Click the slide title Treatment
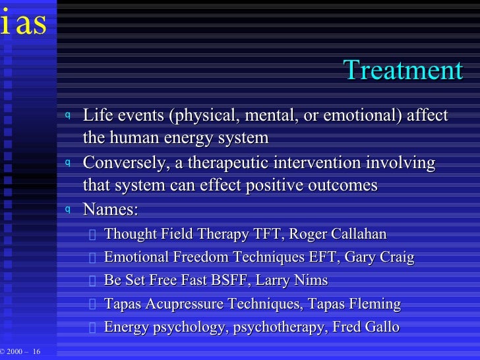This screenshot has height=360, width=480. [403, 71]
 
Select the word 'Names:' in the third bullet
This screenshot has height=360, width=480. [110, 210]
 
